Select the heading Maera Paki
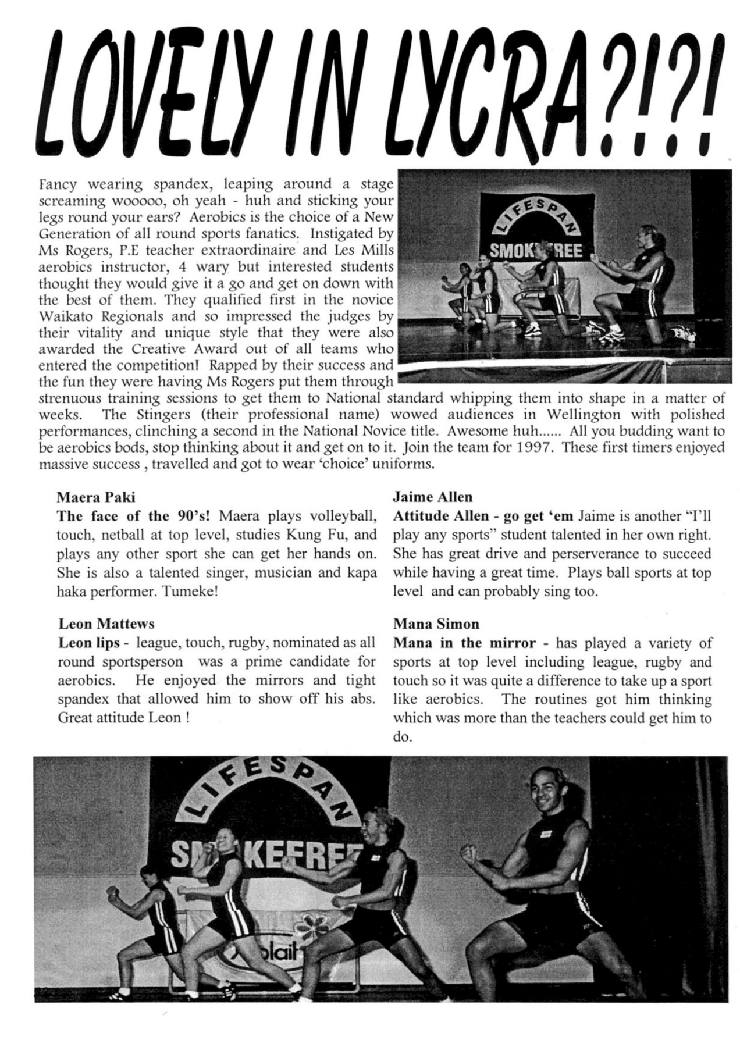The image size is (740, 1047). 96,497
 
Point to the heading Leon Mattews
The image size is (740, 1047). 106,624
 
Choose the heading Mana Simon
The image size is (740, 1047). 436,624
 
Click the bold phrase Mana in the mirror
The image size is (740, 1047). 464,643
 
